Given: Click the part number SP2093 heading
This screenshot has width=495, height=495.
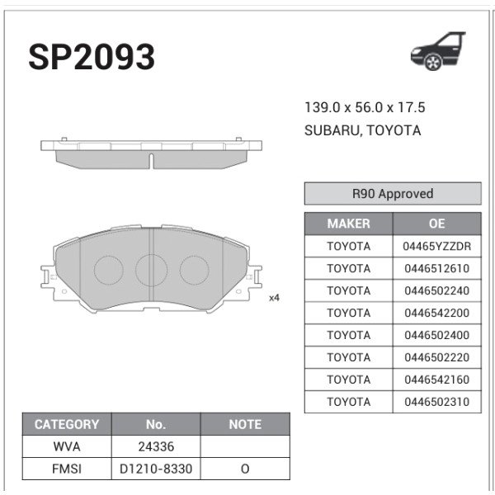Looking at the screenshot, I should pyautogui.click(x=92, y=57).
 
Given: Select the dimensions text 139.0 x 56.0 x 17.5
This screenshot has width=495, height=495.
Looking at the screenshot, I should pyautogui.click(x=365, y=108).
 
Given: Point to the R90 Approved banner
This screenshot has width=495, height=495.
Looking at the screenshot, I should pyautogui.click(x=392, y=194).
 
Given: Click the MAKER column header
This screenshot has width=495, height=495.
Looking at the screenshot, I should pyautogui.click(x=348, y=224).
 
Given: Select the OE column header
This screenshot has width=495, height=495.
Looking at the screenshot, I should pyautogui.click(x=436, y=224).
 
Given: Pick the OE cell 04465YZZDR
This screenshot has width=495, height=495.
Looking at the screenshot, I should pyautogui.click(x=436, y=246).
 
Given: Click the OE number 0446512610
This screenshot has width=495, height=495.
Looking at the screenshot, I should pyautogui.click(x=436, y=268).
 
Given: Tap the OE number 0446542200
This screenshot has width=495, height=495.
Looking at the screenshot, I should pyautogui.click(x=436, y=313).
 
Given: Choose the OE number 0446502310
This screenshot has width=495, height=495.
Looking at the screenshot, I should pyautogui.click(x=436, y=402).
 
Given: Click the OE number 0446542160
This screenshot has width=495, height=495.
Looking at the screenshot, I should pyautogui.click(x=436, y=379).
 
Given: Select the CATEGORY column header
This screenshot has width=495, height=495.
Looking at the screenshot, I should pyautogui.click(x=66, y=424).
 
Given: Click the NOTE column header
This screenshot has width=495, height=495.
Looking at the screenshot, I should pyautogui.click(x=245, y=424).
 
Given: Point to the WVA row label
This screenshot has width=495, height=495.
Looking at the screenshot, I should pyautogui.click(x=66, y=446).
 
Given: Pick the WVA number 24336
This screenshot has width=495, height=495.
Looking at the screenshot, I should pyautogui.click(x=156, y=446).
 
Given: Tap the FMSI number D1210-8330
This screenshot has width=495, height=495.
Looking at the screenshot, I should pyautogui.click(x=156, y=469).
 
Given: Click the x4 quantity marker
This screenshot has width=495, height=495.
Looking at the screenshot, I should pyautogui.click(x=274, y=298).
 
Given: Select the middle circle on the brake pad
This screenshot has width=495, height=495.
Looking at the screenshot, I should pyautogui.click(x=151, y=269).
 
